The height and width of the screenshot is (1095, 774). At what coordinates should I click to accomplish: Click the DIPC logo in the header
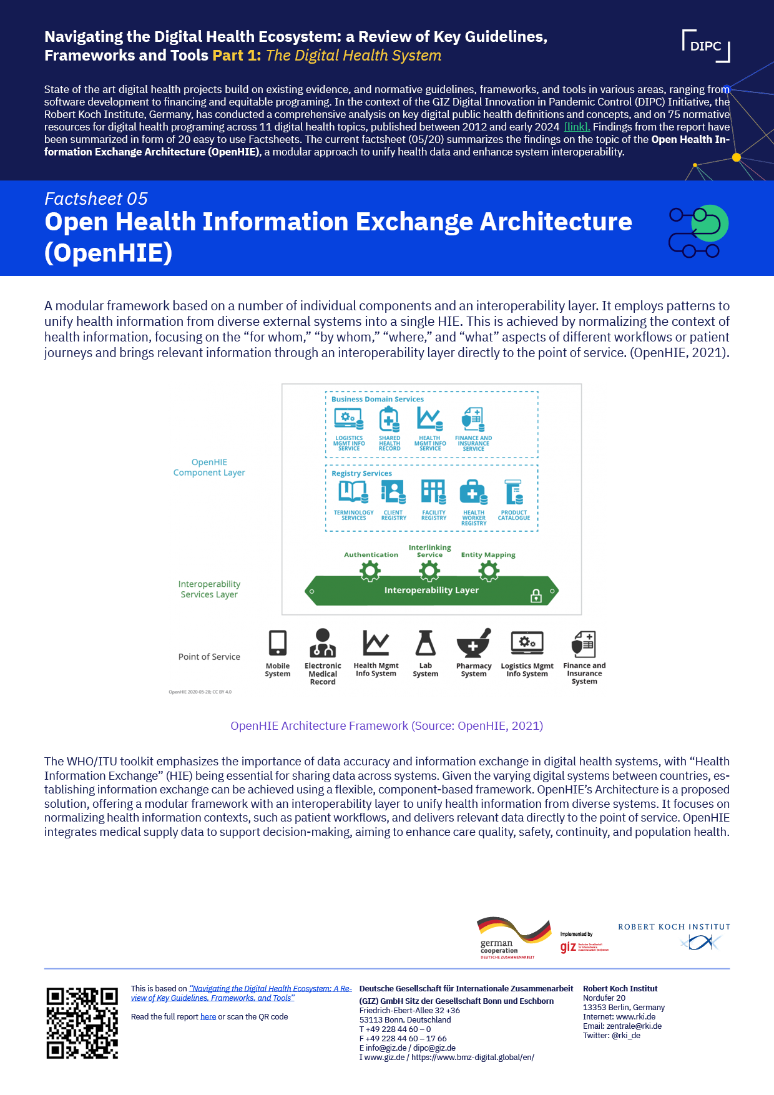pyautogui.click(x=706, y=46)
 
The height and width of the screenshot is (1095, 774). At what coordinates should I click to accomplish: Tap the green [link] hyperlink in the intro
pyautogui.click(x=577, y=127)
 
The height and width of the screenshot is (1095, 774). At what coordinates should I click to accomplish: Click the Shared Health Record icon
pyautogui.click(x=389, y=419)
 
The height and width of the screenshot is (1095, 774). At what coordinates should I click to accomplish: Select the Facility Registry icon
pyautogui.click(x=433, y=491)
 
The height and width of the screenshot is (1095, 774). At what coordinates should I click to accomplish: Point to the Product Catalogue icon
pyautogui.click(x=514, y=492)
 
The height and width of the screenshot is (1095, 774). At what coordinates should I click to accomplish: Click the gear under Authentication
pyautogui.click(x=370, y=571)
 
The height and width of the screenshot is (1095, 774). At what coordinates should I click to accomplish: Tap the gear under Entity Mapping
pyautogui.click(x=488, y=571)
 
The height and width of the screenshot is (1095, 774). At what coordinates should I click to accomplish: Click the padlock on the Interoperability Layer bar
pyautogui.click(x=536, y=596)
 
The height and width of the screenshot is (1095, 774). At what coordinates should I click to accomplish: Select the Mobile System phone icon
pyautogui.click(x=278, y=643)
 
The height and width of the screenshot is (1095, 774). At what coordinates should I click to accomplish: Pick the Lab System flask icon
pyautogui.click(x=425, y=643)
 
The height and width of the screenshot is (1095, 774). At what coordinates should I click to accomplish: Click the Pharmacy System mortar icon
pyautogui.click(x=474, y=644)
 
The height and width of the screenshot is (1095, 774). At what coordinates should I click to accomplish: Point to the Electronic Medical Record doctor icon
pyautogui.click(x=323, y=643)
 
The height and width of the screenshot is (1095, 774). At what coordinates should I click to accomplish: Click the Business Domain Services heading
pyautogui.click(x=377, y=399)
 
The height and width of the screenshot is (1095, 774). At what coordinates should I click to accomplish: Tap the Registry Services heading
pyautogui.click(x=361, y=473)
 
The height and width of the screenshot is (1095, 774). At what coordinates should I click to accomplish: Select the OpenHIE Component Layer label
pyautogui.click(x=209, y=467)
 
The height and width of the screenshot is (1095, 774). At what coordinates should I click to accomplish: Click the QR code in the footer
pyautogui.click(x=82, y=1023)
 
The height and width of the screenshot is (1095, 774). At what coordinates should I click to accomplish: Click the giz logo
pyautogui.click(x=569, y=947)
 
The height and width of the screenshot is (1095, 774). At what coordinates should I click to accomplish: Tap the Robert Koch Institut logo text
pyautogui.click(x=674, y=927)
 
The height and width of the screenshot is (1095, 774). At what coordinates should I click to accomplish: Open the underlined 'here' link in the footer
pyautogui.click(x=208, y=1016)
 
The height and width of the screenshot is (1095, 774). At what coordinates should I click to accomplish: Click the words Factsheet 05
pyautogui.click(x=96, y=199)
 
